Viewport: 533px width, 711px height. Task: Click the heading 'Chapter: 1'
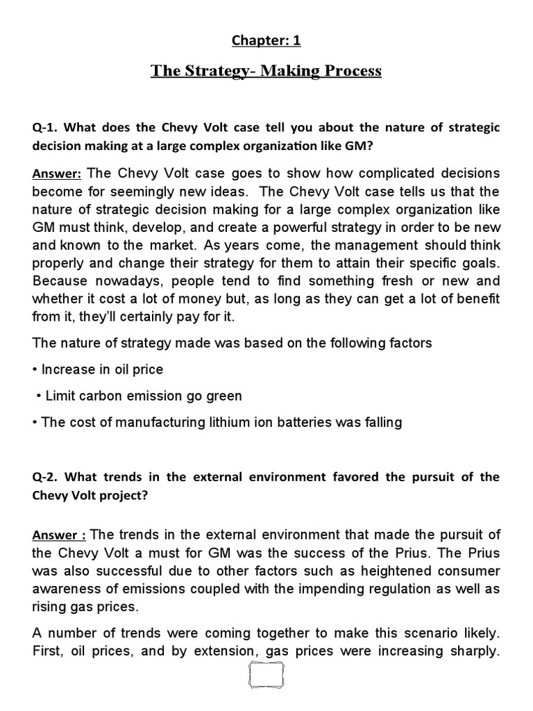tap(266, 40)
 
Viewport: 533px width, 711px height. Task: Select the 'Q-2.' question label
tap(46, 477)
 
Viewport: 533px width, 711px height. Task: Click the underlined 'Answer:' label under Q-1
tap(58, 173)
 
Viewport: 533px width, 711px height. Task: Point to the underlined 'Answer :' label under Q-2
tap(60, 535)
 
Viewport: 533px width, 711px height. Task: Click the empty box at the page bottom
tap(266, 683)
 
